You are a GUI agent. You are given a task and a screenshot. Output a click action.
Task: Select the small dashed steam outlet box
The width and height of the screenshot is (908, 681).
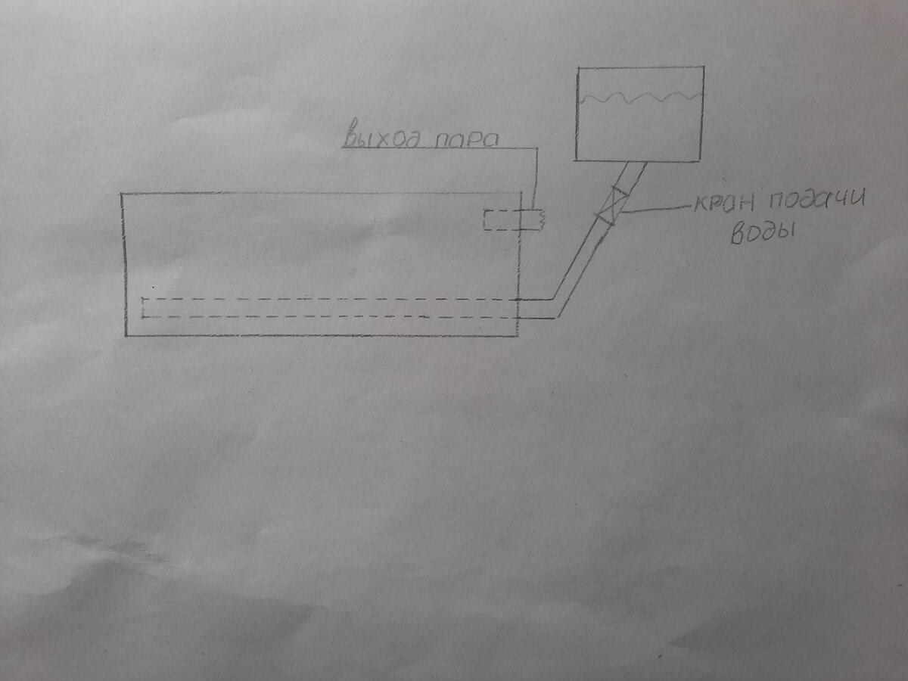point(503,220)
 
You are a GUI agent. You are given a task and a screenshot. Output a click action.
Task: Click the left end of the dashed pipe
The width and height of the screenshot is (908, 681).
point(145,307)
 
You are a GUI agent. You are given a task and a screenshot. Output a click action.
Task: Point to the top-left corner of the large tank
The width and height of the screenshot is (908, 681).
point(122,194)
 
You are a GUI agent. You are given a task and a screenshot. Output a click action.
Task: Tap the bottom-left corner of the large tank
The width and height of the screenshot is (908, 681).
point(125,334)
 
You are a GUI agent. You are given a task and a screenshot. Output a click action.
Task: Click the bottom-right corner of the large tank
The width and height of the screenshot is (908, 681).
point(518,335)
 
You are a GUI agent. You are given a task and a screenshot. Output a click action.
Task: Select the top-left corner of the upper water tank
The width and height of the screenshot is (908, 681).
point(578,68)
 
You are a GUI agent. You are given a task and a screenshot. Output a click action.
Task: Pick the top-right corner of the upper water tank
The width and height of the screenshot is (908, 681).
point(704,67)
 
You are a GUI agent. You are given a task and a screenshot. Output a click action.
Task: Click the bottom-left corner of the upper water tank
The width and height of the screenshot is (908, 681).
point(577,160)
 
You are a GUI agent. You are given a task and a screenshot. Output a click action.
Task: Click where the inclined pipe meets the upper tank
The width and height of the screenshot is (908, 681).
point(634,161)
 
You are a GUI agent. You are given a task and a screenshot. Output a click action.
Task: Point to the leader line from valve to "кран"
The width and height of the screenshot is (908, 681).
point(655,209)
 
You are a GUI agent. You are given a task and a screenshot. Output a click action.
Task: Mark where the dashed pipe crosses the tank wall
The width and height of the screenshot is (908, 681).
point(518,308)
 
